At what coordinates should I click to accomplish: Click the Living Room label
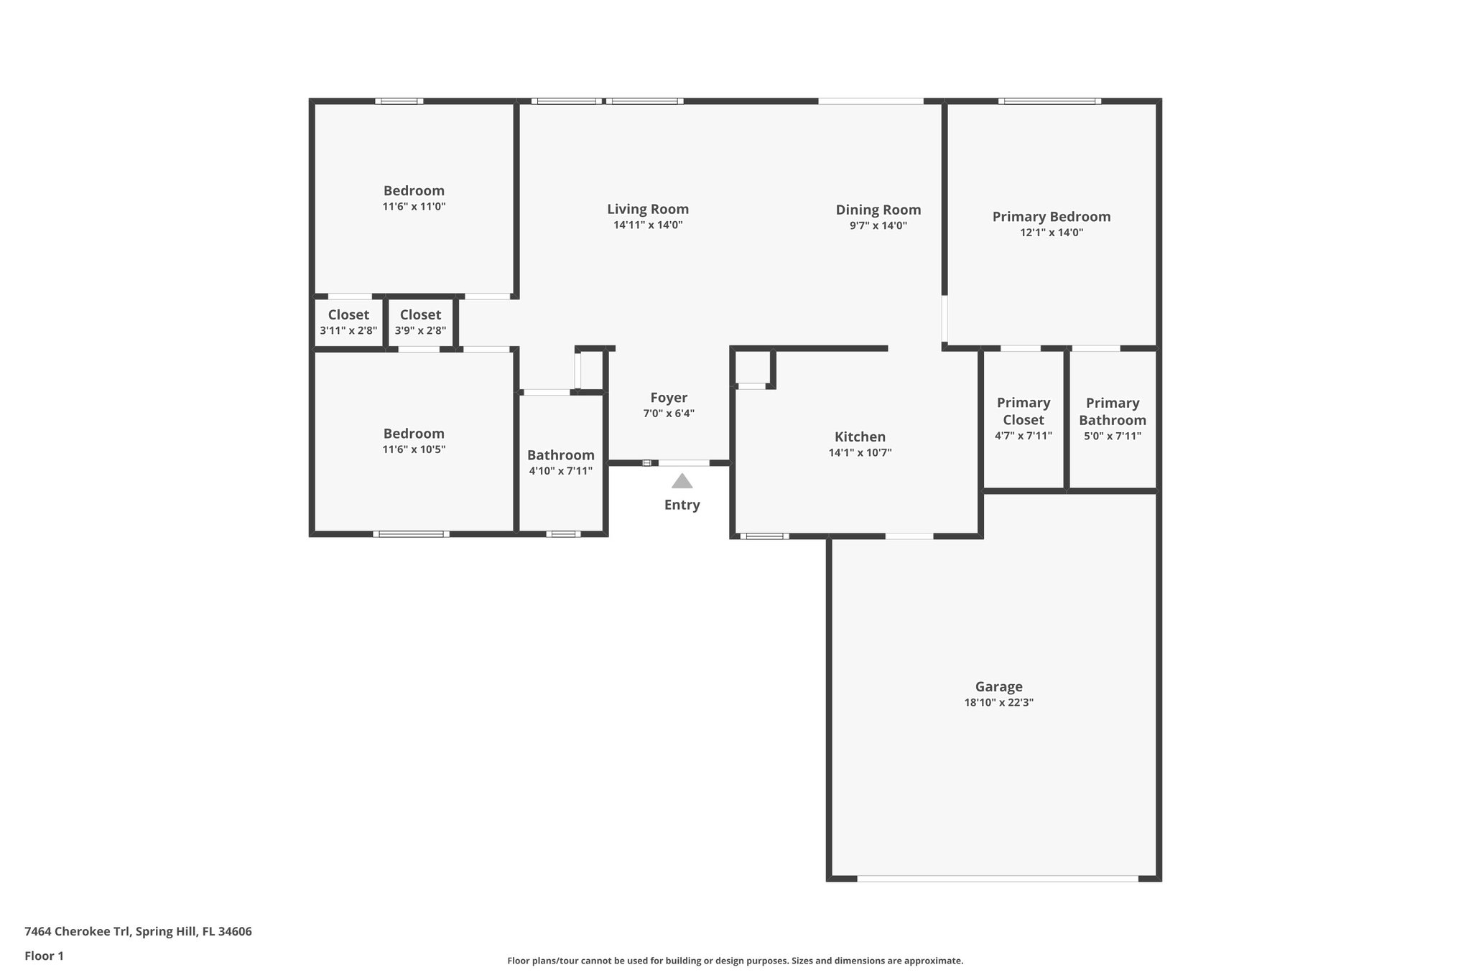point(647,209)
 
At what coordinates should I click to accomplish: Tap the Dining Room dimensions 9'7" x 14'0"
point(878,225)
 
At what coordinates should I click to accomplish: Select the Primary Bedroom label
point(1051,216)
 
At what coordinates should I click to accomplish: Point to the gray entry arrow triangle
point(682,481)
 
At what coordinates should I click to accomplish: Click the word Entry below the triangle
point(682,505)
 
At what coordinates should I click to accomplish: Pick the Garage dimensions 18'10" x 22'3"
point(998,702)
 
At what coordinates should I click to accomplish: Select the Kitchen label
point(860,437)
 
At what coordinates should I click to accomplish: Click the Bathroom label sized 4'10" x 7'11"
point(560,455)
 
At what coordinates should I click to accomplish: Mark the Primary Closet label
point(1023,411)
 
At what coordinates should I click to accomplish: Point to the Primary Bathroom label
point(1112,411)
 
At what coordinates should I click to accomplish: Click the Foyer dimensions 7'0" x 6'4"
point(668,414)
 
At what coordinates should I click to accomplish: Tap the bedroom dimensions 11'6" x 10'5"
point(414,449)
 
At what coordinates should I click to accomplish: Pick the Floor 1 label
point(44,956)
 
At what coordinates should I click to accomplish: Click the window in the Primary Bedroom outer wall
point(1049,101)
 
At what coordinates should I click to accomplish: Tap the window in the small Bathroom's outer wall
point(563,533)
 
